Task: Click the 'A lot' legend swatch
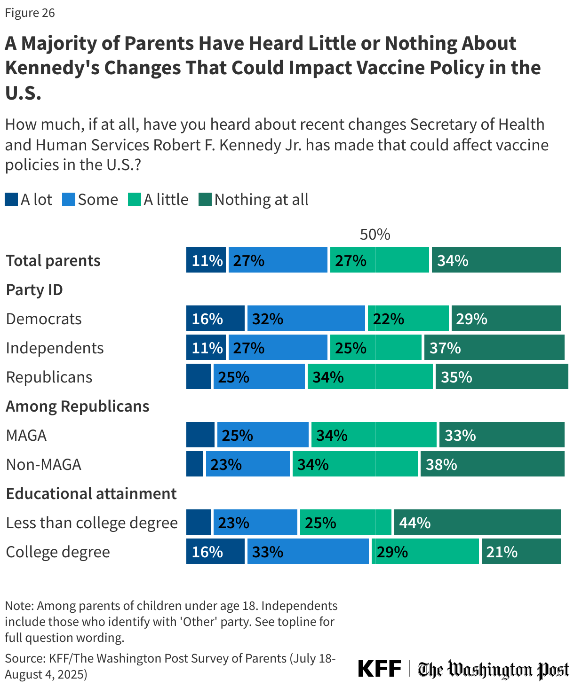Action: pos(11,200)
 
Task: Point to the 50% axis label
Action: pos(375,234)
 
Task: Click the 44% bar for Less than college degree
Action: pos(477,522)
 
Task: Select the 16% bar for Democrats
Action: pos(215,318)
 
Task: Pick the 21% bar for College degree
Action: pos(521,551)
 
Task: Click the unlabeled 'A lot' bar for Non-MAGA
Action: pos(194,464)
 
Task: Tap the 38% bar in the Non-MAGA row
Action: pos(492,464)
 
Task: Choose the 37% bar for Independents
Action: pos(494,347)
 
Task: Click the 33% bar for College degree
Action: pos(308,551)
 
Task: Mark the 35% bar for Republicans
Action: pos(502,376)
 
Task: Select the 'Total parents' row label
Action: pos(53,260)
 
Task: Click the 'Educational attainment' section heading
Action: pos(91,493)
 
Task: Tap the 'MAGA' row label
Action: pos(26,435)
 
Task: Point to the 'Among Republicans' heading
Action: pos(78,406)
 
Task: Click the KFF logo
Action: pos(380,668)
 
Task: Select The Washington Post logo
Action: pos(493,669)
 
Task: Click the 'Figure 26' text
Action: pos(30,13)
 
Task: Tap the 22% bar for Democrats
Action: pos(408,318)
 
